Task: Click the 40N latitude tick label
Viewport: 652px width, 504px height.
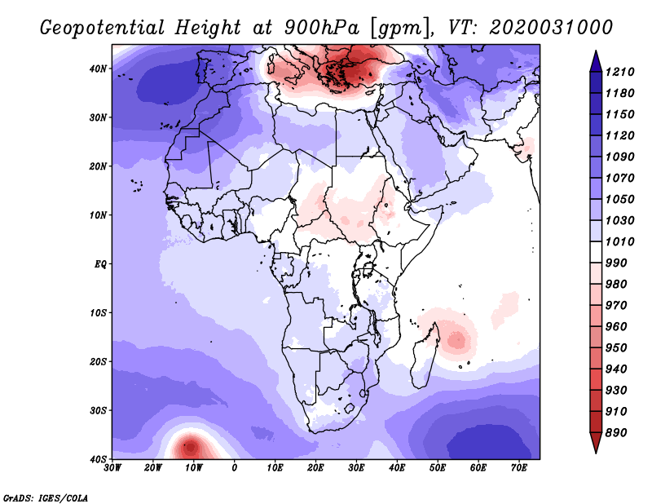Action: [98, 69]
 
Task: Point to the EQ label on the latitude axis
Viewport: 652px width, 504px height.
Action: [100, 264]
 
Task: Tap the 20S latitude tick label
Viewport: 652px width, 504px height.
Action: [98, 361]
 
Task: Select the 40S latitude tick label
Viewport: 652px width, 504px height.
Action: [98, 459]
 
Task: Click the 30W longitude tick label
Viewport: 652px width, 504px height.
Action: [112, 468]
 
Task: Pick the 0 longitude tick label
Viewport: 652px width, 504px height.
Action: [235, 468]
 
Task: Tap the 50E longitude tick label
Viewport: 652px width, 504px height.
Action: [438, 468]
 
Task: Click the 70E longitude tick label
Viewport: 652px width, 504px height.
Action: [519, 468]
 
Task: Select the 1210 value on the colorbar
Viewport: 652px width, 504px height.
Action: [619, 72]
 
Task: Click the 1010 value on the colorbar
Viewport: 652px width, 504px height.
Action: [619, 241]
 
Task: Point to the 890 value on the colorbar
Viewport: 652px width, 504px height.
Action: [615, 433]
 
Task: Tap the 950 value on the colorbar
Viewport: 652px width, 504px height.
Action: [615, 348]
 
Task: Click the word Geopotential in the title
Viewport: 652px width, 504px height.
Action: [103, 29]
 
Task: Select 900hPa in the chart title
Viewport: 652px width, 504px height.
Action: [322, 28]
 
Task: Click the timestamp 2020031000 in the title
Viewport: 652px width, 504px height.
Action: [551, 28]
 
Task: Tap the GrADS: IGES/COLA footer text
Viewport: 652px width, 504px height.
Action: [46, 498]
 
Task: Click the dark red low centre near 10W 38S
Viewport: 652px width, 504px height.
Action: [191, 448]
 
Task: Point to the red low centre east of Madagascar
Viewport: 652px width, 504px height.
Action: [457, 339]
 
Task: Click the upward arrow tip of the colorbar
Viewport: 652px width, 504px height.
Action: [596, 51]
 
